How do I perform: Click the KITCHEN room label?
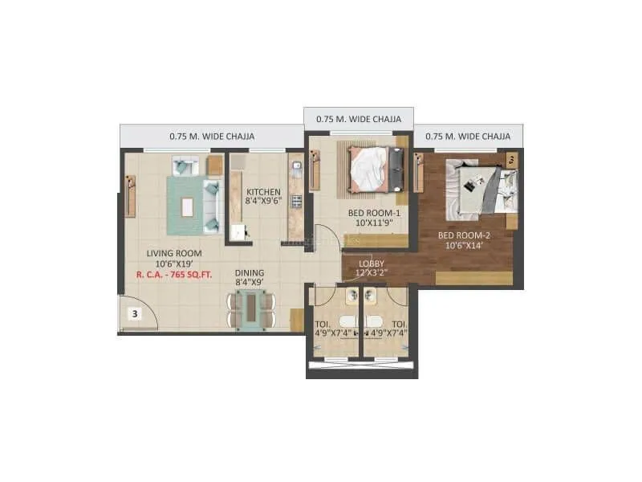point(263,191)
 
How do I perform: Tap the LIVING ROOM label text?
point(173,253)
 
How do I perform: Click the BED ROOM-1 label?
point(373,213)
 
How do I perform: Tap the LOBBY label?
point(372,263)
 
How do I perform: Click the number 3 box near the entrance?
point(136,313)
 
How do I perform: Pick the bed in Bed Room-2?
point(479,189)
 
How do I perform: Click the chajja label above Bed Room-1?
point(359,119)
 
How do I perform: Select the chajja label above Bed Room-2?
point(468,137)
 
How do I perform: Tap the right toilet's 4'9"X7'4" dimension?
point(389,330)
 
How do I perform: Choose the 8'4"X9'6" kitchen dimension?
point(263,202)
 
